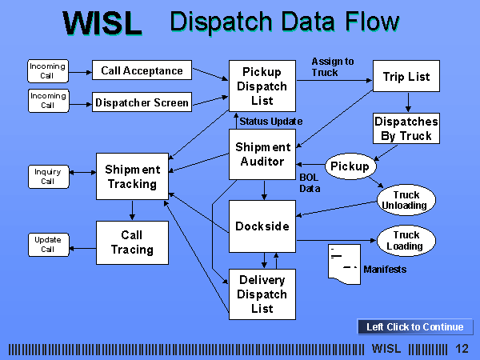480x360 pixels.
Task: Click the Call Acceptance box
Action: click(142, 70)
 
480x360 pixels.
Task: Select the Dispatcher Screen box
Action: click(142, 102)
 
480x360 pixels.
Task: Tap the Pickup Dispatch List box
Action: click(262, 86)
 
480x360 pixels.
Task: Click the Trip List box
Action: click(406, 76)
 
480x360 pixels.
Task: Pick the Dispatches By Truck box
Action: click(406, 129)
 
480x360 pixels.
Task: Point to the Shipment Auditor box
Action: click(262, 154)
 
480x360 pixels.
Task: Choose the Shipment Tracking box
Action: click(132, 176)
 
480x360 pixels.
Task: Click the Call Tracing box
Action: click(132, 242)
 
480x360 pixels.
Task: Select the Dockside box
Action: click(262, 226)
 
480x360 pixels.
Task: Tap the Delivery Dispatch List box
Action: click(262, 294)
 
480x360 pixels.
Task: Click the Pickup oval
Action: click(350, 166)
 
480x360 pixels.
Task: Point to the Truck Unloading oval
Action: click(406, 200)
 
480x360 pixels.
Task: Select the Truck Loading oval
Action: click(406, 241)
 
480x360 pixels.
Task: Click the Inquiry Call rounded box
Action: click(48, 177)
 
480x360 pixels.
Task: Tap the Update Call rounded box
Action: click(48, 245)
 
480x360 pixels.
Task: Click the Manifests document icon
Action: click(344, 264)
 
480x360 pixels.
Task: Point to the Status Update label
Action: click(271, 122)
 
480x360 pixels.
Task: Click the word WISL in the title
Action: click(102, 23)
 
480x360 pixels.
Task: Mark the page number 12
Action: click(462, 349)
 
